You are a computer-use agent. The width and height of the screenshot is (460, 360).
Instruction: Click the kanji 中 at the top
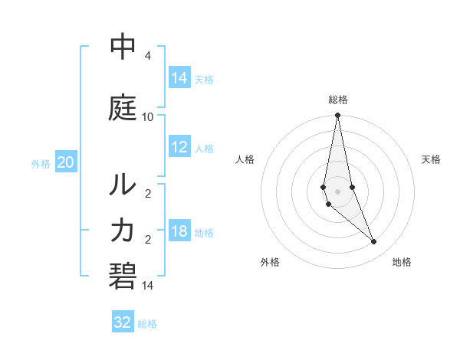(x=123, y=47)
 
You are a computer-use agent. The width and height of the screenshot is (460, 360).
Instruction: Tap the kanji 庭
(x=123, y=108)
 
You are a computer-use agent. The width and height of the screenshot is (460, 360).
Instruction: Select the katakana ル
(x=123, y=185)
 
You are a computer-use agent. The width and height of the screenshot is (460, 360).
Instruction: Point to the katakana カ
(x=123, y=229)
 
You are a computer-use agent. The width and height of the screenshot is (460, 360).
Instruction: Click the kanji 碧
(x=123, y=274)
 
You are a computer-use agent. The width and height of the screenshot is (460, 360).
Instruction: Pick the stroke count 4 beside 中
(x=147, y=56)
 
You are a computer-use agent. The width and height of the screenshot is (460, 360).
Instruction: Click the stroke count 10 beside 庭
(x=147, y=116)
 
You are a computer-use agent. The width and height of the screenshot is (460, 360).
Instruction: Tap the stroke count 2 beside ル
(x=147, y=193)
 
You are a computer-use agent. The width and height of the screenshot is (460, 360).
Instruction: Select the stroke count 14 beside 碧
(x=147, y=285)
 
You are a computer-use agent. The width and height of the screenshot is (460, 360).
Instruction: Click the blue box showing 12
(x=179, y=148)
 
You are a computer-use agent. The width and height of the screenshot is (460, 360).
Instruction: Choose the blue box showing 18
(x=179, y=232)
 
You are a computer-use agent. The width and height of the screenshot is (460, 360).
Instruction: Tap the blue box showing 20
(x=66, y=162)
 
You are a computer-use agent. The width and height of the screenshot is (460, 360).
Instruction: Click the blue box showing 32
(x=123, y=322)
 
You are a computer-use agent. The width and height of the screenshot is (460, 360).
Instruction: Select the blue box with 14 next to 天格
(x=179, y=78)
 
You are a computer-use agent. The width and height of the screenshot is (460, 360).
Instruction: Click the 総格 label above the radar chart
(x=337, y=100)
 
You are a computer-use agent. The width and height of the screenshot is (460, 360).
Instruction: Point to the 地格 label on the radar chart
(x=402, y=262)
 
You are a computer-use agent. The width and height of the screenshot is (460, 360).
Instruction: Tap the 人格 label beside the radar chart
(x=245, y=159)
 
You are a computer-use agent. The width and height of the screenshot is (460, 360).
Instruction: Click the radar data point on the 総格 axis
(x=337, y=116)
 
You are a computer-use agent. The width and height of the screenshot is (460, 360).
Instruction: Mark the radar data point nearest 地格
(x=374, y=242)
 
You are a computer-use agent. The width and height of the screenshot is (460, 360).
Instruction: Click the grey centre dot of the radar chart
(x=337, y=191)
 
